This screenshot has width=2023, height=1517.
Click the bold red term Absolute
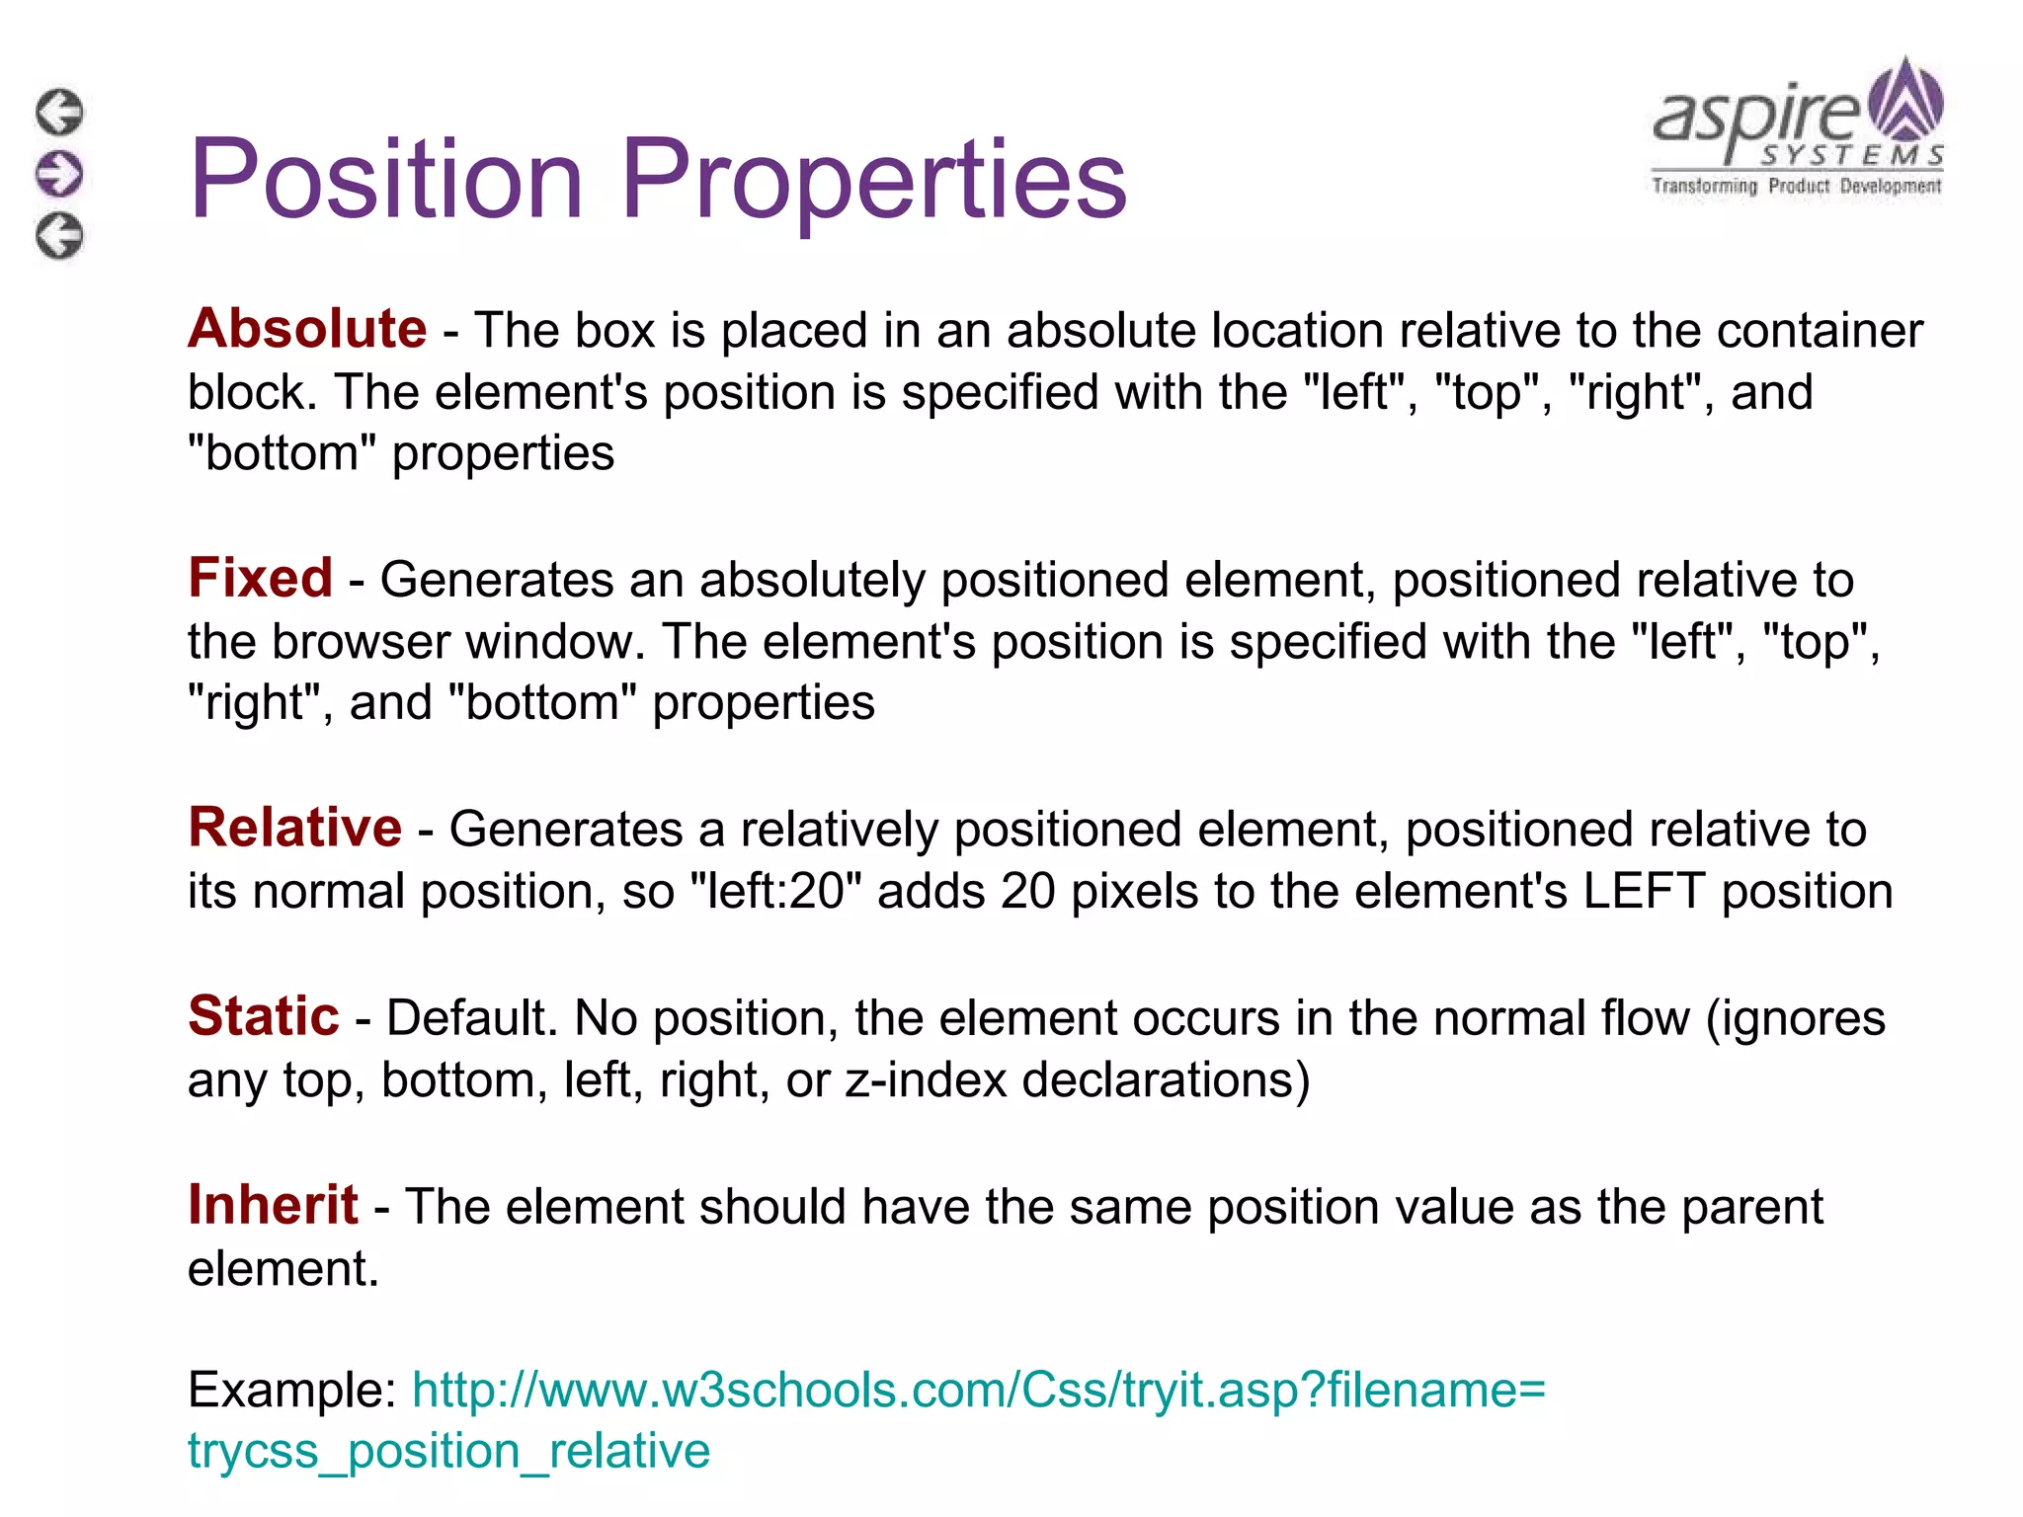click(x=307, y=329)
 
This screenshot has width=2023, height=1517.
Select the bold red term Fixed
click(x=260, y=578)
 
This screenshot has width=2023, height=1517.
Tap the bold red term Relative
click(x=294, y=828)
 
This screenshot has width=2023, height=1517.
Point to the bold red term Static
click(x=264, y=1016)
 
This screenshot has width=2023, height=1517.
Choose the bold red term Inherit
click(x=273, y=1205)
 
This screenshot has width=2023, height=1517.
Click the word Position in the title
click(x=386, y=179)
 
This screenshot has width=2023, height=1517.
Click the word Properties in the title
click(x=873, y=181)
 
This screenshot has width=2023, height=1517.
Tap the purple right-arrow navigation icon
click(x=60, y=174)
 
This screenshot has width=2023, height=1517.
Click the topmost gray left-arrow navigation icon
click(x=60, y=112)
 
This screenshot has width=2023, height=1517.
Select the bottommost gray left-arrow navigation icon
click(x=60, y=236)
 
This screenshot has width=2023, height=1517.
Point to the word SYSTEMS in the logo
click(x=1852, y=156)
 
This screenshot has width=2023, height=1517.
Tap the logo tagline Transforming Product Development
click(x=1796, y=186)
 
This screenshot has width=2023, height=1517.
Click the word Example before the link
click(x=291, y=1390)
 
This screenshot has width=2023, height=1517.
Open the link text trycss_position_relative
click(x=448, y=1451)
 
